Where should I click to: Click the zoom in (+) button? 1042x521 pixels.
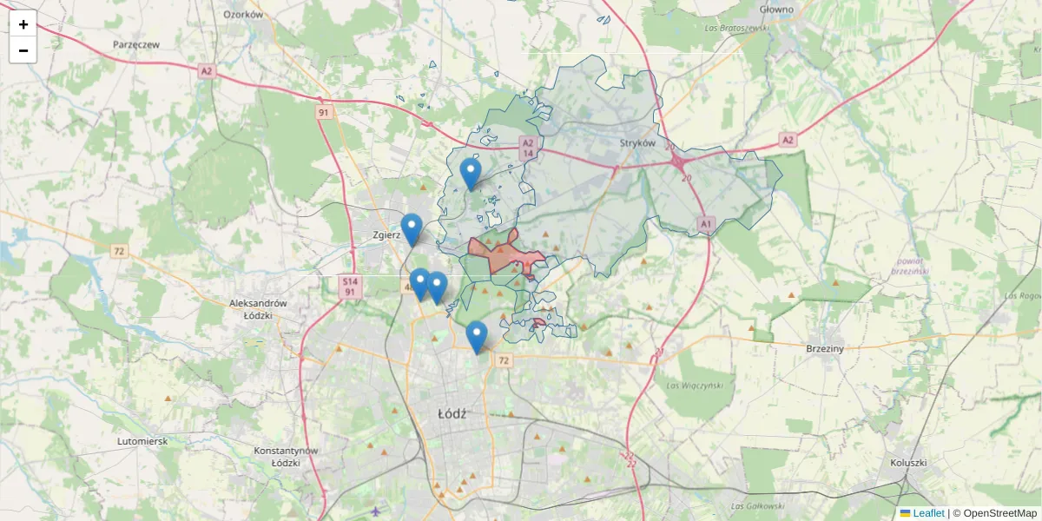coord(23,24)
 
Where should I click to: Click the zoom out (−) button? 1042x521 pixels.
coord(23,50)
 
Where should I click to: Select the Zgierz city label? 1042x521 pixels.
coord(385,235)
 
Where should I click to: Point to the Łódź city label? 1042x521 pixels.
coord(452,414)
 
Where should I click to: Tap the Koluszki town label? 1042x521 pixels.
coord(908,464)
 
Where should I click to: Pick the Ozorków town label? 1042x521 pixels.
coord(243,14)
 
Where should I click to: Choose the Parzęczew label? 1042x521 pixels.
coord(136,43)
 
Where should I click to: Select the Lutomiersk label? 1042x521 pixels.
coord(142,441)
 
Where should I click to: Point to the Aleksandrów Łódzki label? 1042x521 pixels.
coord(258,309)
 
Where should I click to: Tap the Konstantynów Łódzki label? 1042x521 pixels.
coord(287,457)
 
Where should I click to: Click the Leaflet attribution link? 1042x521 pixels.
coord(927,513)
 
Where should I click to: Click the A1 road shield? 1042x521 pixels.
coord(705,224)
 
